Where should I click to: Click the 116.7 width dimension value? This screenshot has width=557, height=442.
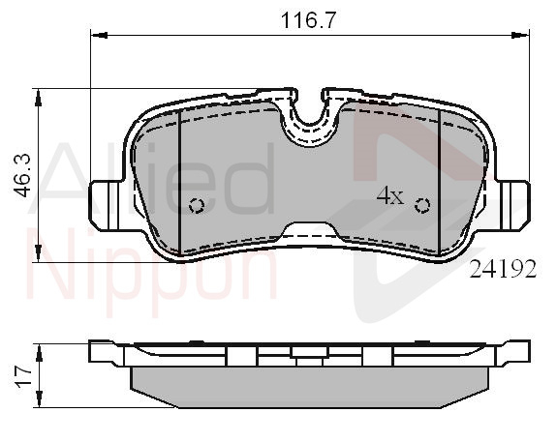(308, 20)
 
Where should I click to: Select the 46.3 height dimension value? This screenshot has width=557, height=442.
(22, 176)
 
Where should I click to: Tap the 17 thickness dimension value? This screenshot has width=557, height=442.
(23, 376)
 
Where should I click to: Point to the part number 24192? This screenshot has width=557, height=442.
(503, 270)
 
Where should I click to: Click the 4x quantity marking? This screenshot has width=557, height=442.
(390, 195)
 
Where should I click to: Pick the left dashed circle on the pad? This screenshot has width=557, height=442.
(197, 205)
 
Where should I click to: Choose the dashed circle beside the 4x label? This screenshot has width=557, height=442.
(422, 205)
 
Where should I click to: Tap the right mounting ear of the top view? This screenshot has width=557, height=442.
(513, 205)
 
